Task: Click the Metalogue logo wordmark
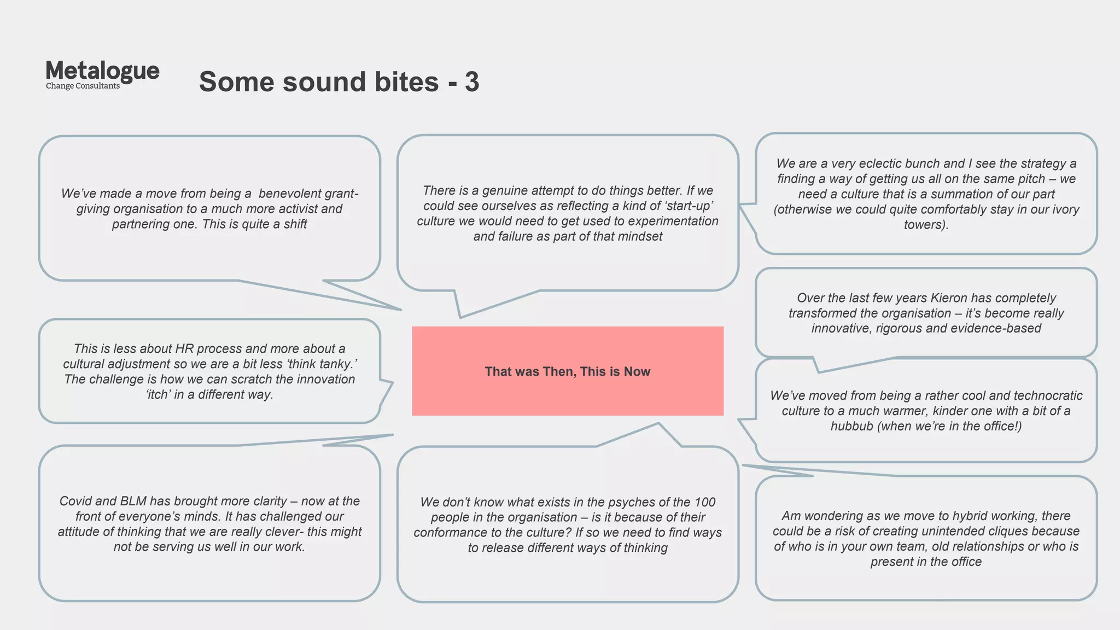102,71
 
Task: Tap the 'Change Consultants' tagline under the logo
83,86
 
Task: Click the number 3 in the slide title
472,82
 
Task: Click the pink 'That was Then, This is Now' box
567,371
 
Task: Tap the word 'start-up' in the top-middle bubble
689,206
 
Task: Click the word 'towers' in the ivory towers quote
924,225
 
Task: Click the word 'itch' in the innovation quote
157,395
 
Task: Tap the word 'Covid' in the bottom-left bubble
75,501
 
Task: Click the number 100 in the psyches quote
704,503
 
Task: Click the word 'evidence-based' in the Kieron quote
995,329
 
